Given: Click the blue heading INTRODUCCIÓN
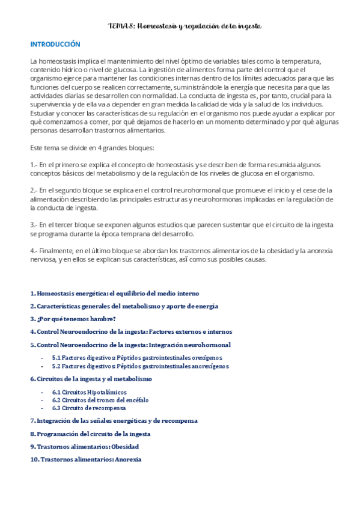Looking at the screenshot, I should pyautogui.click(x=55, y=45).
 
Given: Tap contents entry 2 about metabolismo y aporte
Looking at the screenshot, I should pyautogui.click(x=124, y=306).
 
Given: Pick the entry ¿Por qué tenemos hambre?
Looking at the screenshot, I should pyautogui.click(x=73, y=319).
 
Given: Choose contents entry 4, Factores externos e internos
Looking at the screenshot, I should pyautogui.click(x=131, y=331).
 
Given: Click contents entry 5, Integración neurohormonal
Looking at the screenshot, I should pyautogui.click(x=130, y=345).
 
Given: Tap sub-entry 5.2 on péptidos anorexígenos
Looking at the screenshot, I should pyautogui.click(x=141, y=366).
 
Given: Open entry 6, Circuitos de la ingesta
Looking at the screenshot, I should pyautogui.click(x=91, y=379).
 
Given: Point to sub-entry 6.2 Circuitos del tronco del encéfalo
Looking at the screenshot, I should pyautogui.click(x=100, y=399).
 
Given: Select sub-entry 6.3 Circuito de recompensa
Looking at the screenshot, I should pyautogui.click(x=89, y=408).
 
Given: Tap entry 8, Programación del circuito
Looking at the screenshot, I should pyautogui.click(x=90, y=434).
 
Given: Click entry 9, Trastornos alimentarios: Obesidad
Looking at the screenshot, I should pyautogui.click(x=84, y=447).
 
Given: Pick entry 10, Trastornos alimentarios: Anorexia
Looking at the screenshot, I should pyautogui.click(x=86, y=459).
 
